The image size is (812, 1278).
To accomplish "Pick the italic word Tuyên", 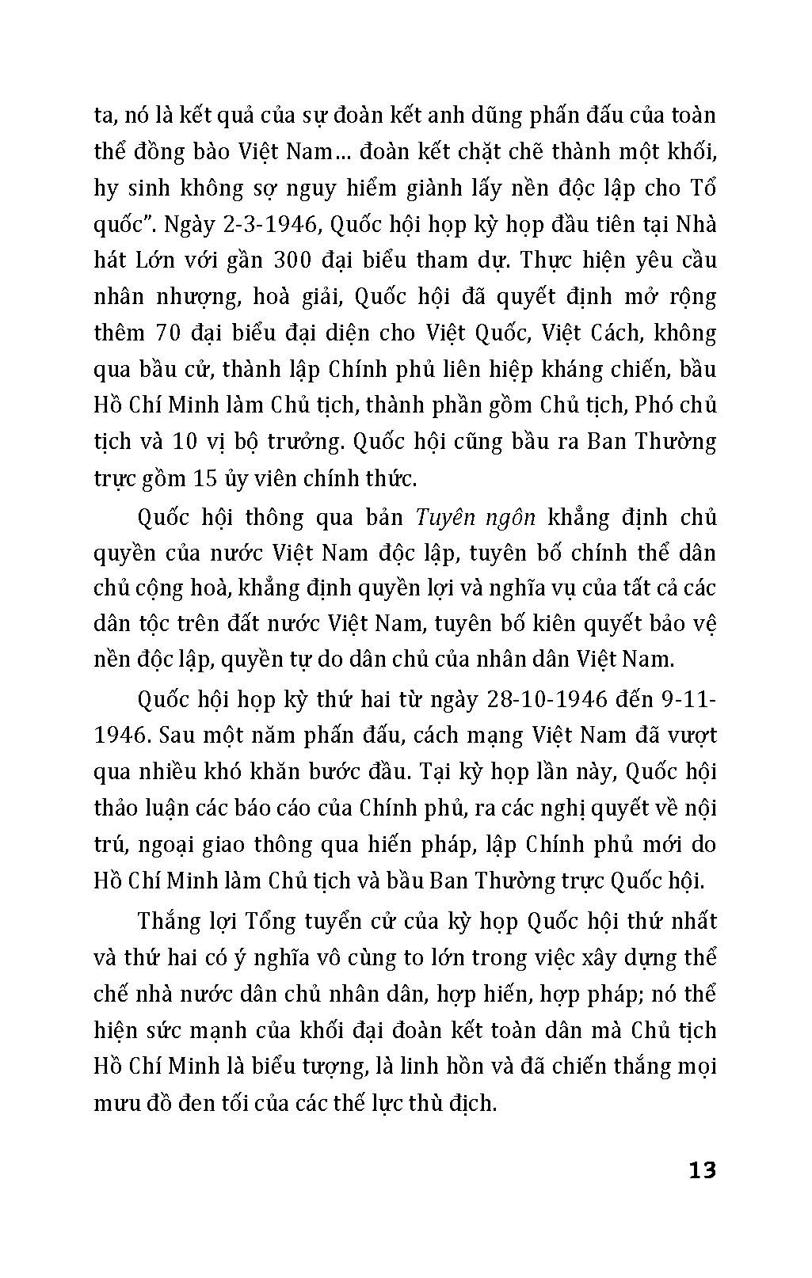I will point(445,518).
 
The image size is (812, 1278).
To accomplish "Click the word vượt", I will point(692,736).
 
